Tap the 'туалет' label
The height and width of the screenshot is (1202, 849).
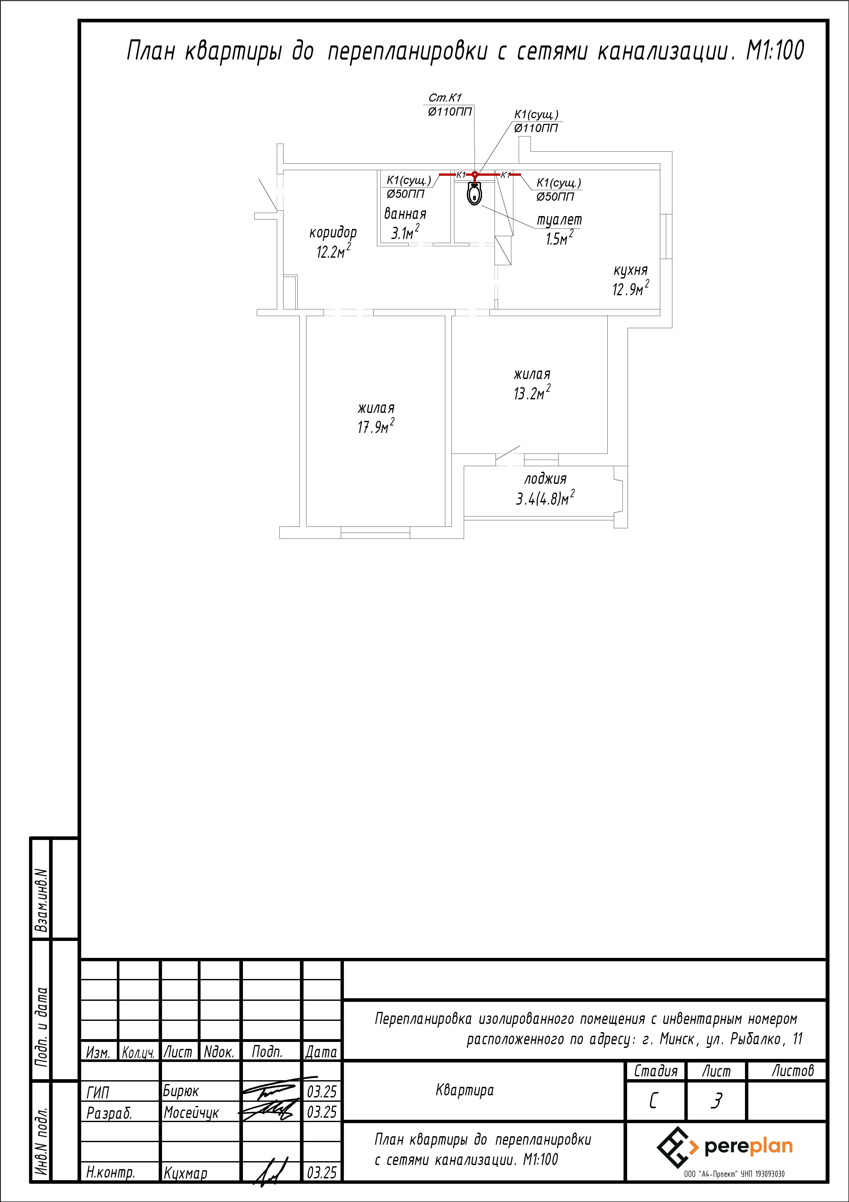click(x=559, y=220)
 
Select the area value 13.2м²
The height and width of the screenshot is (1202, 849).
click(x=532, y=393)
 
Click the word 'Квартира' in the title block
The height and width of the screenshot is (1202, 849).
click(x=465, y=1090)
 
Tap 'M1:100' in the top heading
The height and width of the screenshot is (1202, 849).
click(x=775, y=51)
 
